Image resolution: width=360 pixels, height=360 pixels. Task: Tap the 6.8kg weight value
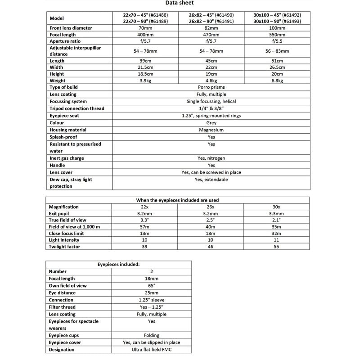pyautogui.click(x=277, y=81)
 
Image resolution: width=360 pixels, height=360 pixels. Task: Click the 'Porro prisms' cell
pyautogui.click(x=211, y=87)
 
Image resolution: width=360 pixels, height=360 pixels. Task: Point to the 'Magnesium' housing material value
pyautogui.click(x=211, y=130)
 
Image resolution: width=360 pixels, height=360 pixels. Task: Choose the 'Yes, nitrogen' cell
pyautogui.click(x=211, y=158)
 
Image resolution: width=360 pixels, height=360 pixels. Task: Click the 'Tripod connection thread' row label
pyautogui.click(x=76, y=108)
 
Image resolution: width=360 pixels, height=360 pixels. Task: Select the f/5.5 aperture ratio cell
pyautogui.click(x=277, y=41)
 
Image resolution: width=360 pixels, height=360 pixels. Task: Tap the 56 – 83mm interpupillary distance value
pyautogui.click(x=277, y=51)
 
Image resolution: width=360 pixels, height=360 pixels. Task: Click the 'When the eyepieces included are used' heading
pyautogui.click(x=178, y=200)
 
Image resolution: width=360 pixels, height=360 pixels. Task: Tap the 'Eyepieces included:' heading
pyautogui.click(x=119, y=265)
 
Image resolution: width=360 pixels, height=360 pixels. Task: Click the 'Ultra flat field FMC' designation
pyautogui.click(x=151, y=350)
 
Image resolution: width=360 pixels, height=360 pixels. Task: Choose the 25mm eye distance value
pyautogui.click(x=151, y=293)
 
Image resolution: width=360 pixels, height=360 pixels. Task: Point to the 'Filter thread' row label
pyautogui.click(x=62, y=307)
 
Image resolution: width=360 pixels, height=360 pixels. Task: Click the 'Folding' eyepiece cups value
pyautogui.click(x=151, y=335)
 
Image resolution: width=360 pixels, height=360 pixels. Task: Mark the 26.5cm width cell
pyautogui.click(x=277, y=67)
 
